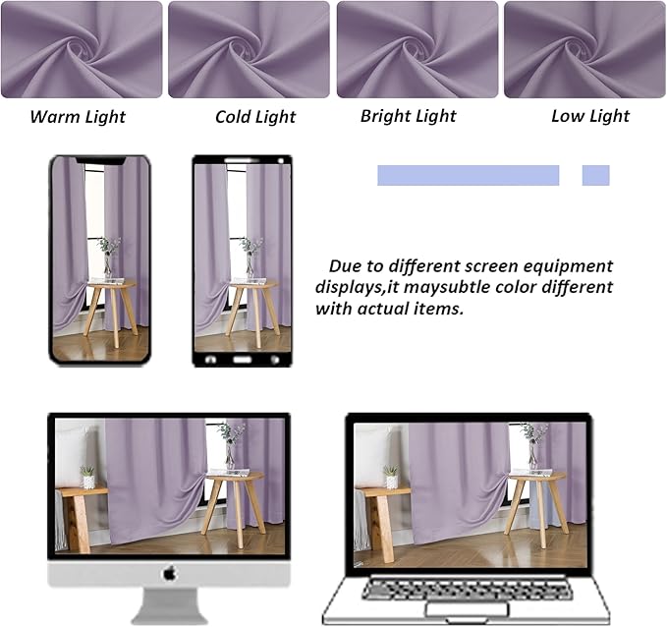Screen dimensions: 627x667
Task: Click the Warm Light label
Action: click(78, 117)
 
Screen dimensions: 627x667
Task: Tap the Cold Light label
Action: click(255, 117)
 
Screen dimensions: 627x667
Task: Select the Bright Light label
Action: click(408, 116)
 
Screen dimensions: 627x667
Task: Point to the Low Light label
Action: click(589, 116)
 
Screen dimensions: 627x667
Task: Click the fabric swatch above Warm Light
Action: click(82, 49)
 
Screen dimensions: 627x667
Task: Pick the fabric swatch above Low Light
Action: click(584, 49)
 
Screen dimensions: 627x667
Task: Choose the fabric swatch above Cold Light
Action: click(248, 49)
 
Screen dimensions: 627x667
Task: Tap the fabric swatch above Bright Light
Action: click(417, 49)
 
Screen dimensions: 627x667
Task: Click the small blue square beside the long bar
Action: click(595, 175)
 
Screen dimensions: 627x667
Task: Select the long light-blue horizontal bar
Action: click(468, 175)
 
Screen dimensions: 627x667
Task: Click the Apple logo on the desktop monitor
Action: click(169, 572)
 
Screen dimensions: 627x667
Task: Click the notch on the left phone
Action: click(100, 159)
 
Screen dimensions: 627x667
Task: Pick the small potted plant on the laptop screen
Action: click(391, 476)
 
